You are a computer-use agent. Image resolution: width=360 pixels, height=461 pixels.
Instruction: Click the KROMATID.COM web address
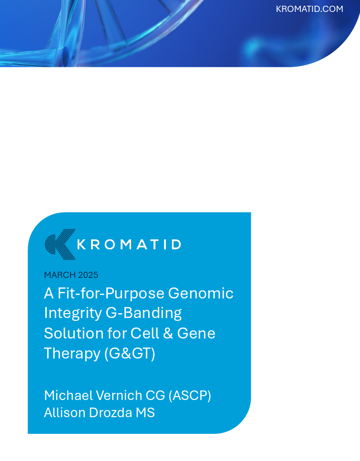tap(309, 9)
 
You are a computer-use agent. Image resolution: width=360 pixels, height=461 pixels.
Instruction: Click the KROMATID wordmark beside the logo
tap(129, 245)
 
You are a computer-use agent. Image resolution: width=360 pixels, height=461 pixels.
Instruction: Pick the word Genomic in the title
tap(208, 293)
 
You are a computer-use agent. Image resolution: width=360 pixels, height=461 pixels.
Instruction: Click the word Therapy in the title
tap(72, 353)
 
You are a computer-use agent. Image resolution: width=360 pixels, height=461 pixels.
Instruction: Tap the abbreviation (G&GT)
tap(130, 353)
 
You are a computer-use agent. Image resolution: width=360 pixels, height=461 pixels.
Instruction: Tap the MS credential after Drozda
tap(145, 412)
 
